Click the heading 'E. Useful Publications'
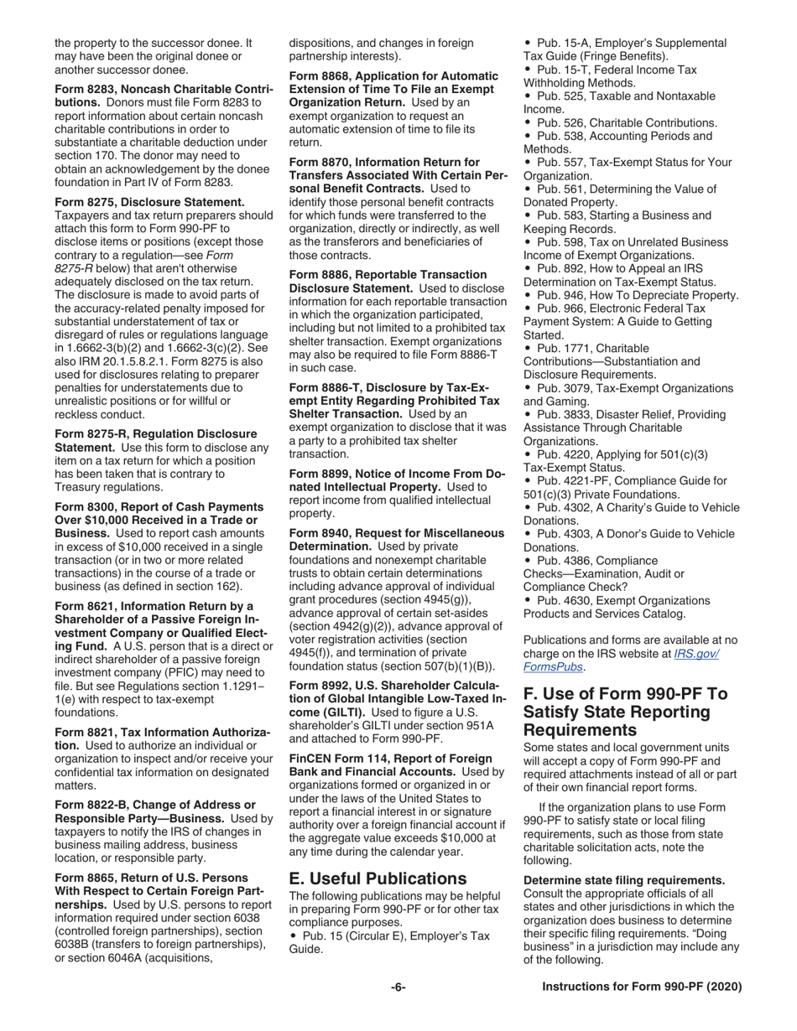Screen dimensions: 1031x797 377,878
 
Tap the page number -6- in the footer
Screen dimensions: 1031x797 398,987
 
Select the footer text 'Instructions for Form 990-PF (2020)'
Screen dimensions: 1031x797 642,987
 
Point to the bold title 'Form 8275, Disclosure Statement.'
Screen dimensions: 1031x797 149,202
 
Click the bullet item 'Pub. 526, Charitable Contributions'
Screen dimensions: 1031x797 621,122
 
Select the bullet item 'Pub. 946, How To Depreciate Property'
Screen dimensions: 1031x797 631,295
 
